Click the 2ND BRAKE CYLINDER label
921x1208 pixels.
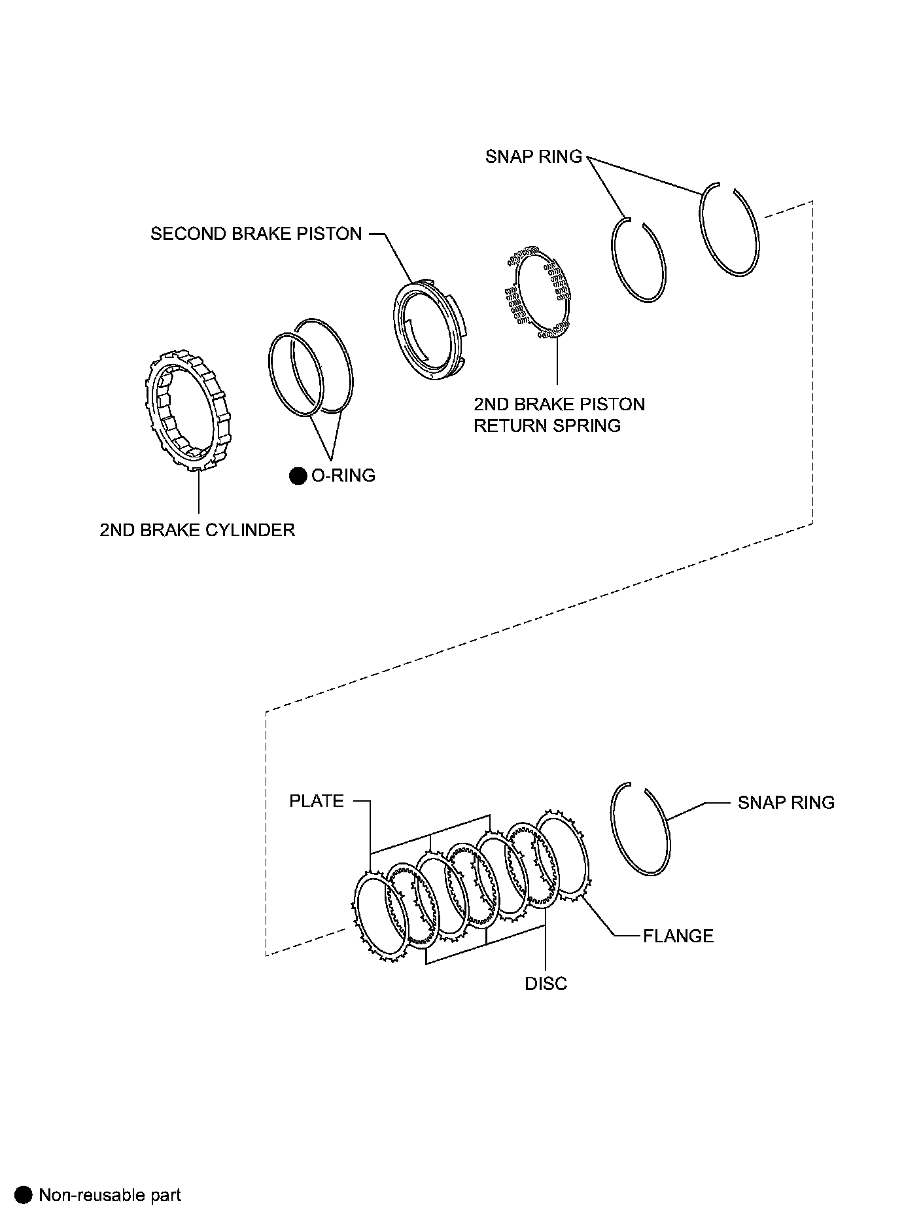[197, 529]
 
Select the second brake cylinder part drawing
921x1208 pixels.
[187, 411]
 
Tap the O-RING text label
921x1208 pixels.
[343, 476]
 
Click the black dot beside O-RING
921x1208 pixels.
[298, 476]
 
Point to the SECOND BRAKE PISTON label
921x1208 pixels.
[256, 234]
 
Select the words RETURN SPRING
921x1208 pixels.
[547, 426]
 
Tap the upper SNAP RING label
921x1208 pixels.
[533, 157]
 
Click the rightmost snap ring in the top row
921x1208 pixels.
[730, 230]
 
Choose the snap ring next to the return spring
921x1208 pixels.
[639, 260]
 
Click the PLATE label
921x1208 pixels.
[317, 801]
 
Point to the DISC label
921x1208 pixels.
[546, 984]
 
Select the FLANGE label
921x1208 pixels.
[678, 936]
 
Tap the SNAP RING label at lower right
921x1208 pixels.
[786, 803]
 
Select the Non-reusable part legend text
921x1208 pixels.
[110, 1194]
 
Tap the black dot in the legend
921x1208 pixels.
[24, 1194]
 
